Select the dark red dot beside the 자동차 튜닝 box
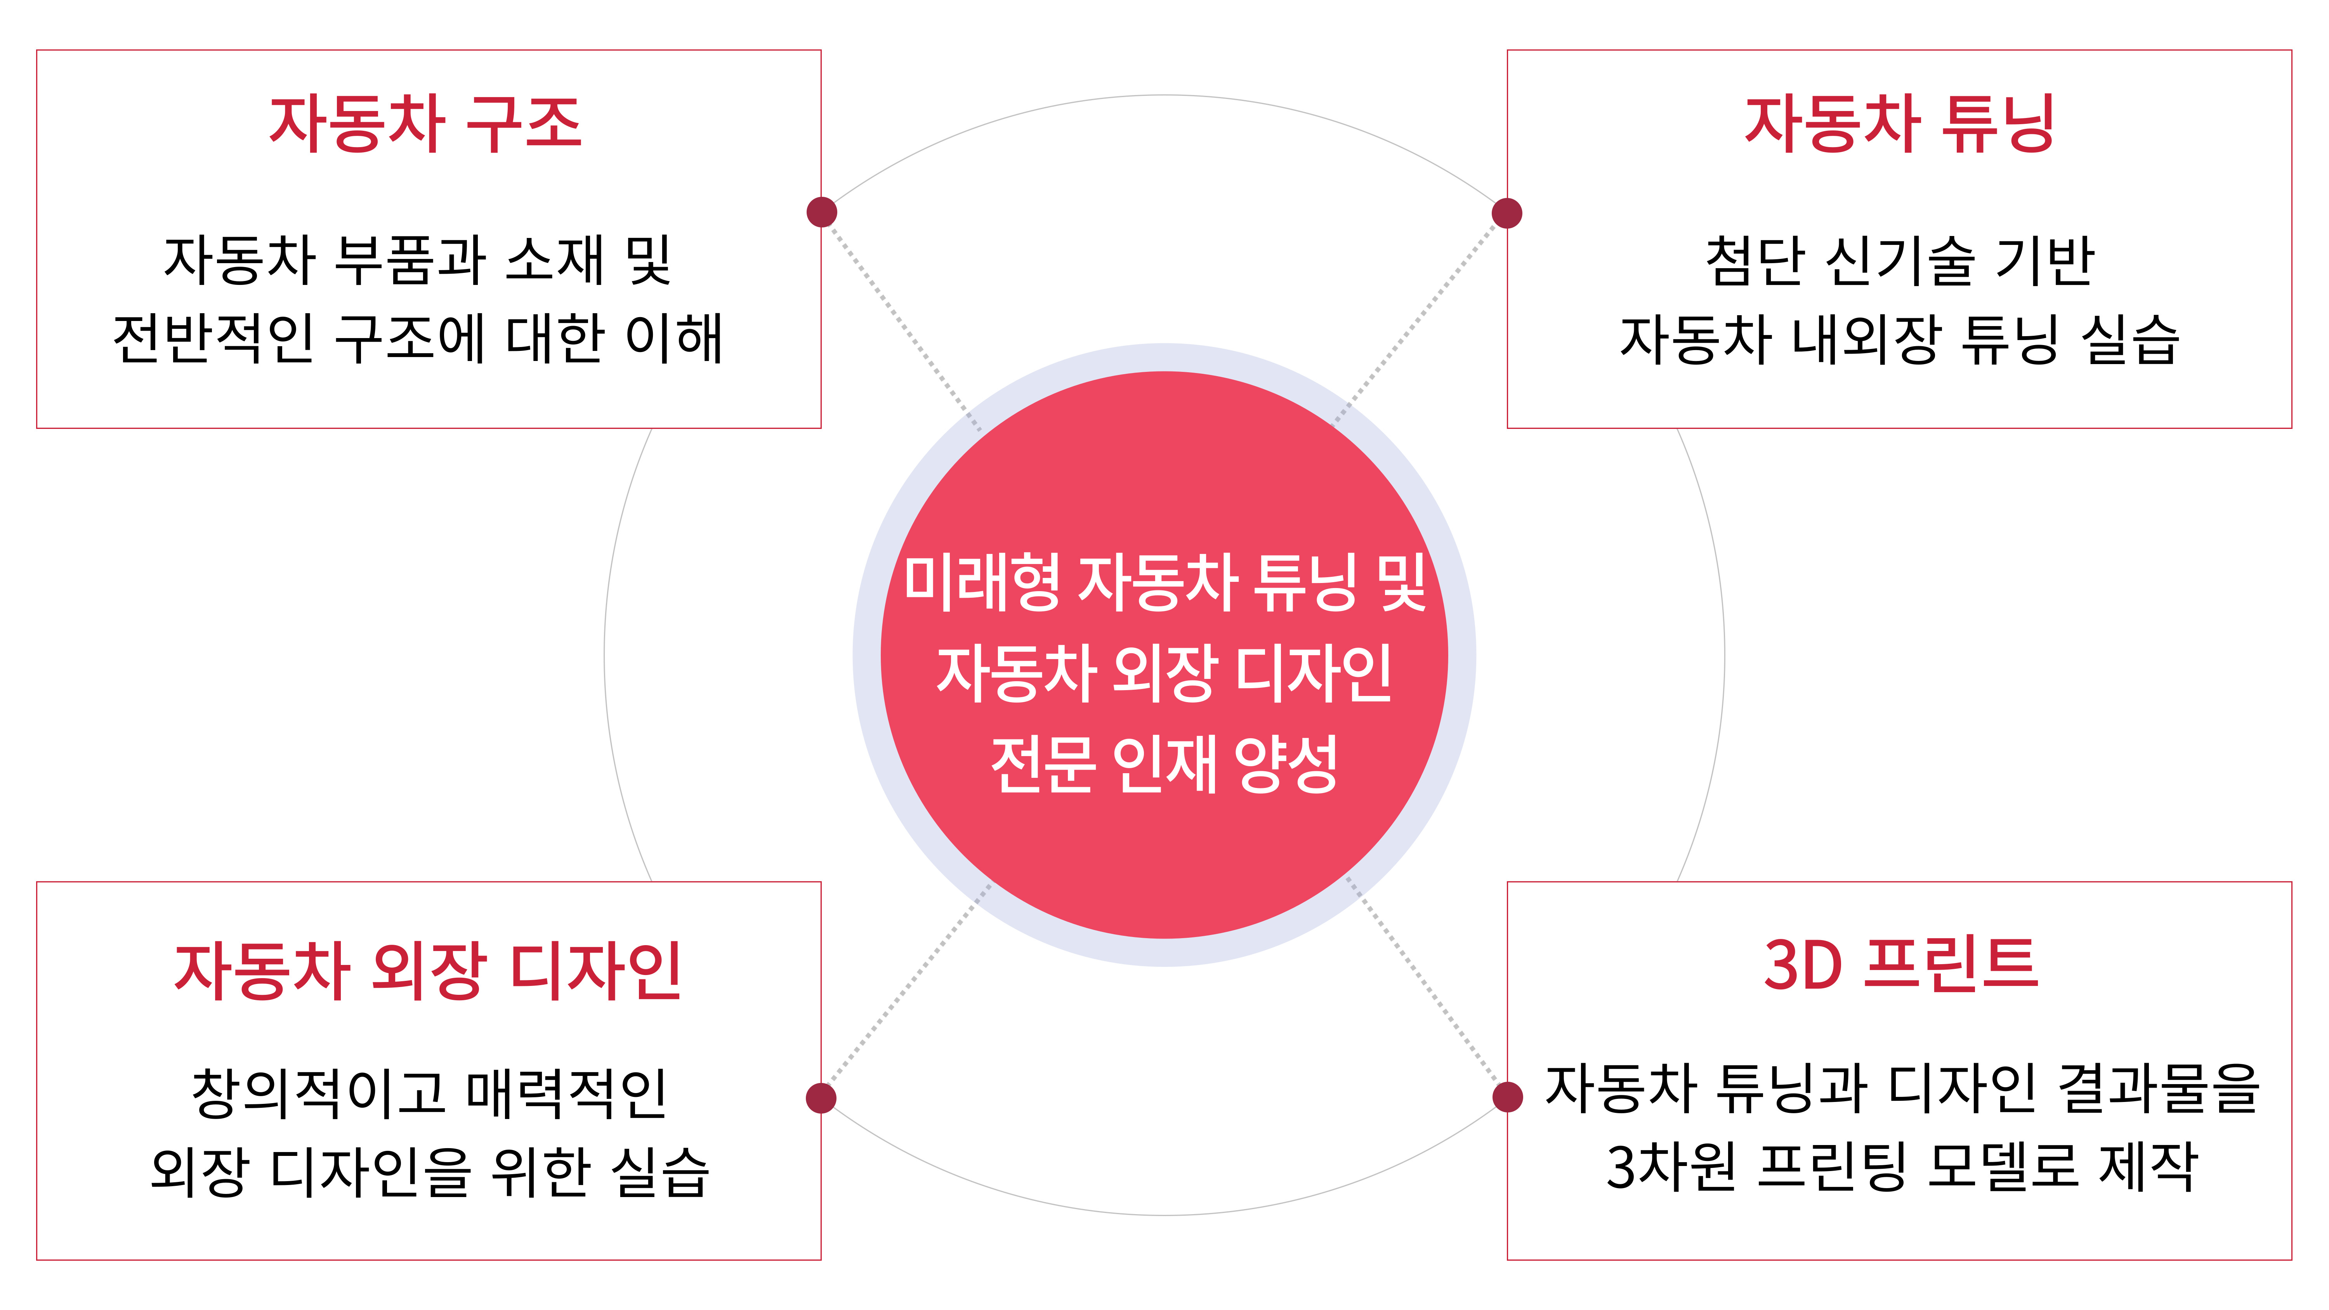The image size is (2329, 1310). coord(1506,213)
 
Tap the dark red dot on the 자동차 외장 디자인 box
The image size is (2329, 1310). coord(821,1098)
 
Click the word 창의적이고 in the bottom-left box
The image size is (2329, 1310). coord(318,1092)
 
